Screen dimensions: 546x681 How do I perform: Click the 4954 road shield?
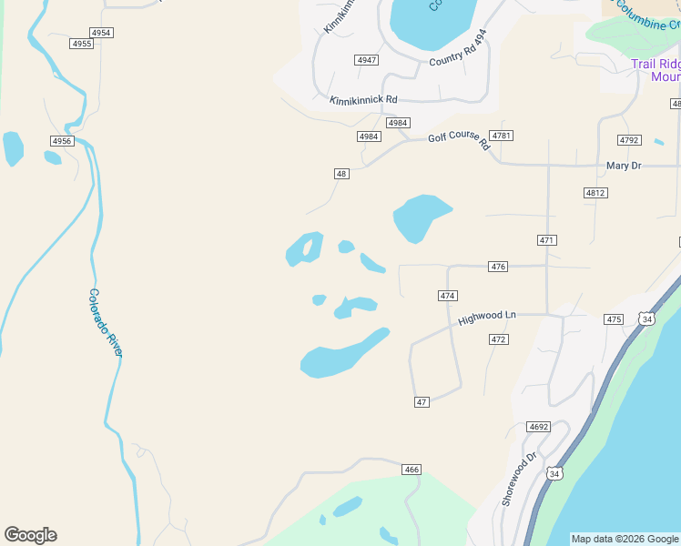(102, 33)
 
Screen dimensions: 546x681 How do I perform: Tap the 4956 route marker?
(61, 141)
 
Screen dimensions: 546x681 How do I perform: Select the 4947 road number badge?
(367, 60)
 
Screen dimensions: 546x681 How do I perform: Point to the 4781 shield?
(502, 136)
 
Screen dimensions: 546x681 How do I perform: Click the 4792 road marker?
(629, 140)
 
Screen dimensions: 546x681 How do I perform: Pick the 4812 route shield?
(595, 193)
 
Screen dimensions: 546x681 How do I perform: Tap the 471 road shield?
(547, 240)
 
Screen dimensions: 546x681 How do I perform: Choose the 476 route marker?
(498, 267)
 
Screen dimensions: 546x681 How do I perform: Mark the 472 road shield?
(498, 339)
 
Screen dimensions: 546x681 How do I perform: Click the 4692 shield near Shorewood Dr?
(539, 427)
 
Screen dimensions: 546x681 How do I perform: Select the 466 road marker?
(412, 470)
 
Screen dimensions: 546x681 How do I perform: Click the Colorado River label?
(105, 322)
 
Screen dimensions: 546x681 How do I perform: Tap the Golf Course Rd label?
(459, 139)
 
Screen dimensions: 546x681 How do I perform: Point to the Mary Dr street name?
(624, 166)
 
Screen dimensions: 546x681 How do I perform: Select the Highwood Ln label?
(487, 318)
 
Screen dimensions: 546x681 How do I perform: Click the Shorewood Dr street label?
(520, 480)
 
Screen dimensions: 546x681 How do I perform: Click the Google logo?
(30, 535)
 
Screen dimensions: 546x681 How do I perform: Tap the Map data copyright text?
(625, 539)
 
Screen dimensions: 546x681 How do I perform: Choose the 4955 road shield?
(82, 44)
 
